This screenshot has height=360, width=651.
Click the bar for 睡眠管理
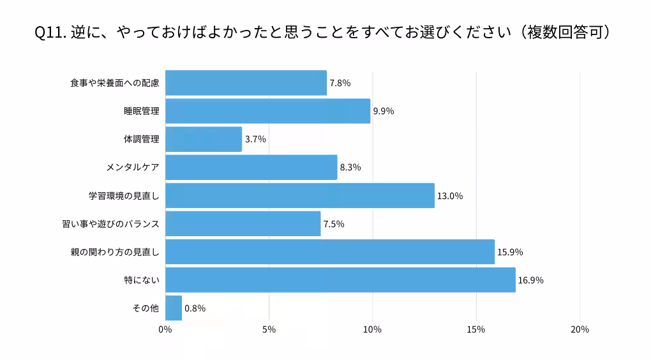(x=267, y=111)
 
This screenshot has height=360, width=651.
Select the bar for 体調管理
(x=204, y=139)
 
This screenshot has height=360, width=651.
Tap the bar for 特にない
(x=340, y=280)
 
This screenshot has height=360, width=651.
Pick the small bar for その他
(x=174, y=308)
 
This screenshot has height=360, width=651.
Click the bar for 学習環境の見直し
(x=300, y=195)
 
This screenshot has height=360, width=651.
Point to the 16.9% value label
(x=531, y=280)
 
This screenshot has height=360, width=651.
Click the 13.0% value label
(x=450, y=196)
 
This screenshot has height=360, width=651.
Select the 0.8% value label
(x=195, y=308)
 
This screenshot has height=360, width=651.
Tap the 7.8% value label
(x=340, y=83)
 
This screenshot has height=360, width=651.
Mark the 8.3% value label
(x=350, y=168)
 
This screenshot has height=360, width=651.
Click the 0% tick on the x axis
(x=165, y=329)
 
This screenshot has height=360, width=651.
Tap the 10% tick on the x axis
(x=372, y=329)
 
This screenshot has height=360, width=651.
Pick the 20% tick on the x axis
(x=580, y=329)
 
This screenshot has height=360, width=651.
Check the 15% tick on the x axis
(x=476, y=329)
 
